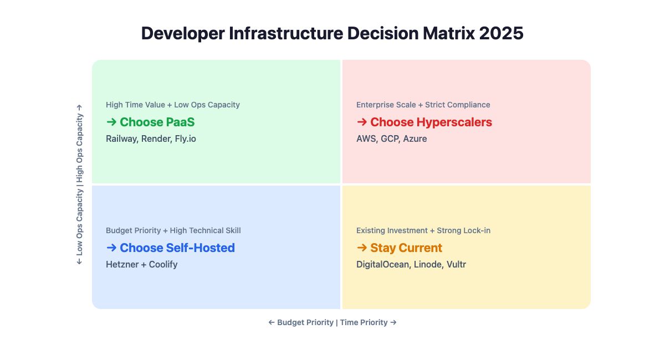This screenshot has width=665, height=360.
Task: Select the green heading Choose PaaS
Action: click(x=157, y=122)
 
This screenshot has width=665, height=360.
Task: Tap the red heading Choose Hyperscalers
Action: click(x=431, y=122)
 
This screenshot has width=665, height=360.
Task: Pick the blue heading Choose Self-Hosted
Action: click(x=177, y=248)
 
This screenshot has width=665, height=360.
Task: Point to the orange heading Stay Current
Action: click(x=406, y=248)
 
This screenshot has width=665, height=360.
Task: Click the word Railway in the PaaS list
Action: click(x=121, y=138)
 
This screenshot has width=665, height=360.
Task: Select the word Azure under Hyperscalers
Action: click(x=415, y=138)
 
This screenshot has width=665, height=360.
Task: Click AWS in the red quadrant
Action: click(x=366, y=138)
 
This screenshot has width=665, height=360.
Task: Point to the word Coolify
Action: click(x=163, y=264)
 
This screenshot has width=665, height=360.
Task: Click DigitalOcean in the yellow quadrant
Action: click(x=383, y=264)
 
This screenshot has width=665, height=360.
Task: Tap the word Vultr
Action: click(x=456, y=264)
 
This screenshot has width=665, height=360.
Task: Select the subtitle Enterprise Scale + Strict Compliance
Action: click(x=423, y=105)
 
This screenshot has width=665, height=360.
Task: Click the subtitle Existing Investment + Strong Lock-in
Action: click(x=423, y=230)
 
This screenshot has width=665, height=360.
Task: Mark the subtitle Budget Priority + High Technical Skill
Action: click(x=173, y=230)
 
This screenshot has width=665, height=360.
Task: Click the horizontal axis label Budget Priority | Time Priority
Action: click(x=332, y=322)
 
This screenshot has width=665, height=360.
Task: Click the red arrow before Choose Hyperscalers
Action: click(x=362, y=122)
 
